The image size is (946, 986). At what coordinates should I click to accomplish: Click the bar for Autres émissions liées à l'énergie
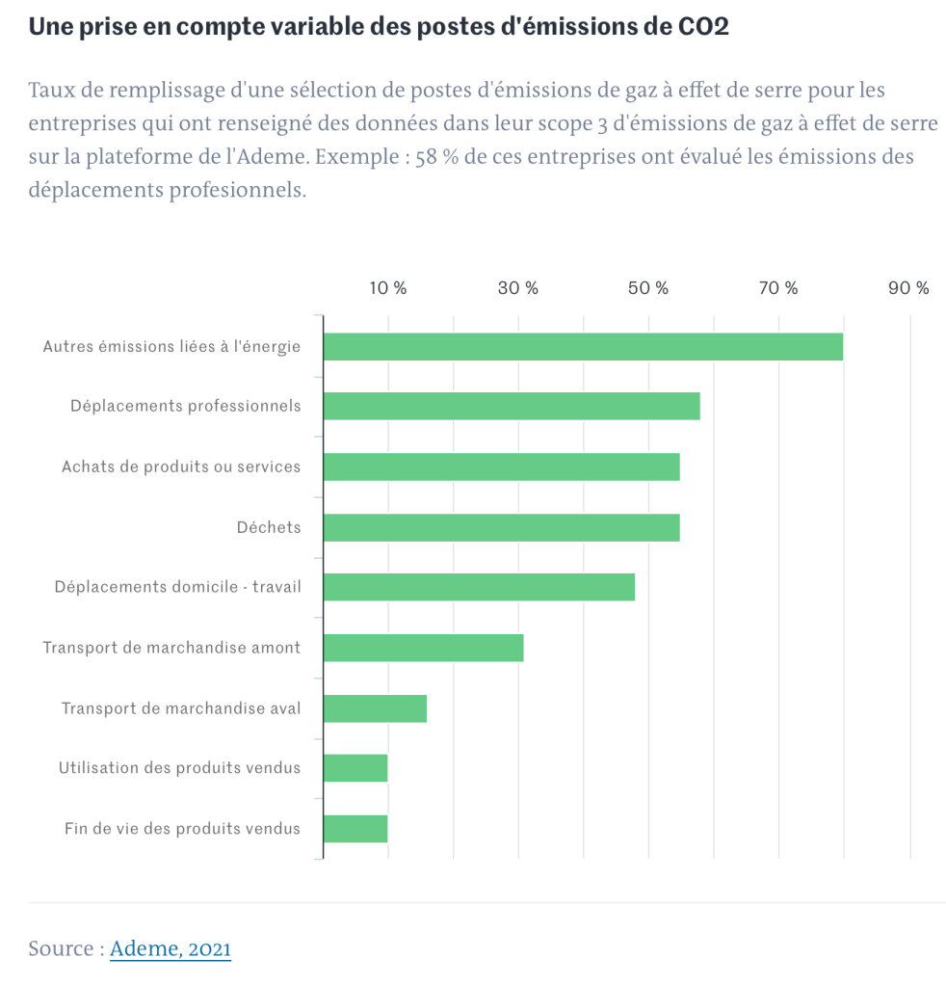pos(583,347)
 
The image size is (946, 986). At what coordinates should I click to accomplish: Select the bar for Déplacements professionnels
pos(512,407)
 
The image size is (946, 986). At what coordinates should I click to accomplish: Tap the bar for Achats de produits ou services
pos(501,467)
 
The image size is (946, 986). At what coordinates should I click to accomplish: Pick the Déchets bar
pos(501,528)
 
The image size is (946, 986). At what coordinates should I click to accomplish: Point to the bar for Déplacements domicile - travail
pos(479,588)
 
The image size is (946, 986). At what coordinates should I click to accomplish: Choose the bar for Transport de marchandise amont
pos(423,648)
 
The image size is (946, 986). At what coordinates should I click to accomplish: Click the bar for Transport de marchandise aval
pos(375,708)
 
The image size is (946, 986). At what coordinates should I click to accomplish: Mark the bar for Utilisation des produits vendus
pos(355,768)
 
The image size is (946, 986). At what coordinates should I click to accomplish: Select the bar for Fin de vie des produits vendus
pos(355,829)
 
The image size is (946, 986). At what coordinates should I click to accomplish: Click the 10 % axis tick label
pos(388,288)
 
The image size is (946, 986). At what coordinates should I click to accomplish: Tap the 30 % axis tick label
pos(518,288)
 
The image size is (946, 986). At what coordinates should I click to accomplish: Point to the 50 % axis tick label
pos(648,288)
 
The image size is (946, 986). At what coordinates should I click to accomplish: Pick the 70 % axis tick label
pos(778,288)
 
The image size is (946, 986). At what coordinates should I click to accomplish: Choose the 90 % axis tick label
pos(908,288)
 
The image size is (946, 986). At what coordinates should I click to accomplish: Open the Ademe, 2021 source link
pos(171,948)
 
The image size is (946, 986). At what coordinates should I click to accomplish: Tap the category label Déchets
pos(269,527)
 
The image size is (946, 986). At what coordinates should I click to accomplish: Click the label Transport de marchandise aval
pos(181,708)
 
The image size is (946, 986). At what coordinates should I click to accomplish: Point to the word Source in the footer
pos(62,948)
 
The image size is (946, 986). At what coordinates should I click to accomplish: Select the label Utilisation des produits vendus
pos(179,768)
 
